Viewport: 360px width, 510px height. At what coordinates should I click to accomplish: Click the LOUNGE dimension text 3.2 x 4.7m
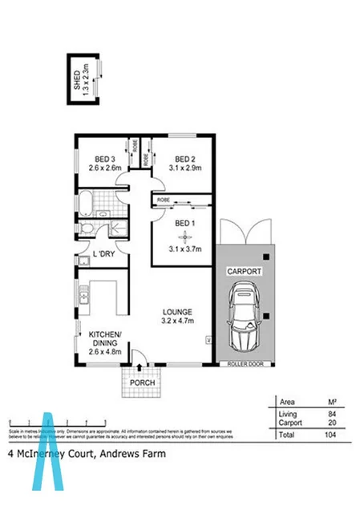pos(176,321)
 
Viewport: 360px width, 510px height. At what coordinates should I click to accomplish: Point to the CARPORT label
pos(245,272)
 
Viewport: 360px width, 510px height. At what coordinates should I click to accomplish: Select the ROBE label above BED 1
pos(163,199)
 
